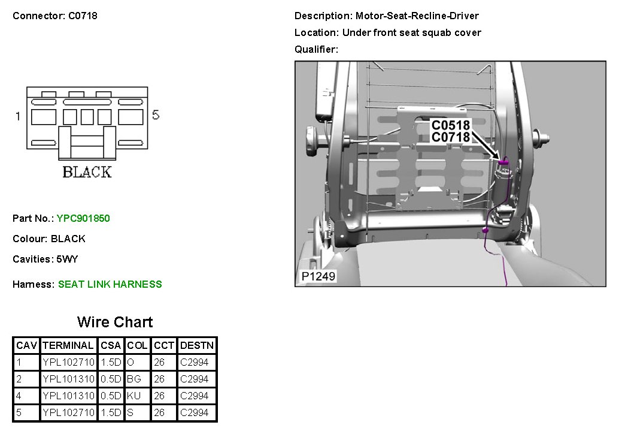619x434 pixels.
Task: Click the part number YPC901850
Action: tap(83, 218)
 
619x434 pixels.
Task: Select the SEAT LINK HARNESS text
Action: tap(110, 284)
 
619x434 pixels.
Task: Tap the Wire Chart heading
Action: tap(115, 322)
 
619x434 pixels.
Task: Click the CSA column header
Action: tap(111, 345)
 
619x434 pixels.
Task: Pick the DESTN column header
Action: tap(196, 345)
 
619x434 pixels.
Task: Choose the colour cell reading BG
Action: tap(135, 379)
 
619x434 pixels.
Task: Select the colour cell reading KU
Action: tap(135, 396)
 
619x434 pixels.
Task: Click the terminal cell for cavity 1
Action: tap(68, 362)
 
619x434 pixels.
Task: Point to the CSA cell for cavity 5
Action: tap(111, 412)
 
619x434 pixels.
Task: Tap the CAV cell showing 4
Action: tap(19, 396)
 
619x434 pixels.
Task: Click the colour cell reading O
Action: tap(131, 362)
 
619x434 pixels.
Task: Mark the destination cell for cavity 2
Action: tap(195, 379)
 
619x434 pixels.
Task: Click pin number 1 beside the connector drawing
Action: tap(18, 116)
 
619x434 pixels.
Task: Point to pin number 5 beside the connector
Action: tap(156, 115)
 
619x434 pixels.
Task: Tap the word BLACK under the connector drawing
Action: tap(87, 173)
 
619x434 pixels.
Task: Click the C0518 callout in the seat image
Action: tap(451, 126)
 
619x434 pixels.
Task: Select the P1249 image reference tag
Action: tap(318, 276)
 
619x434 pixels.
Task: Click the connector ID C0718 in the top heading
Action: tap(80, 16)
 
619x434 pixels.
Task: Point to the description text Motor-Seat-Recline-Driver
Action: tap(417, 16)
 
